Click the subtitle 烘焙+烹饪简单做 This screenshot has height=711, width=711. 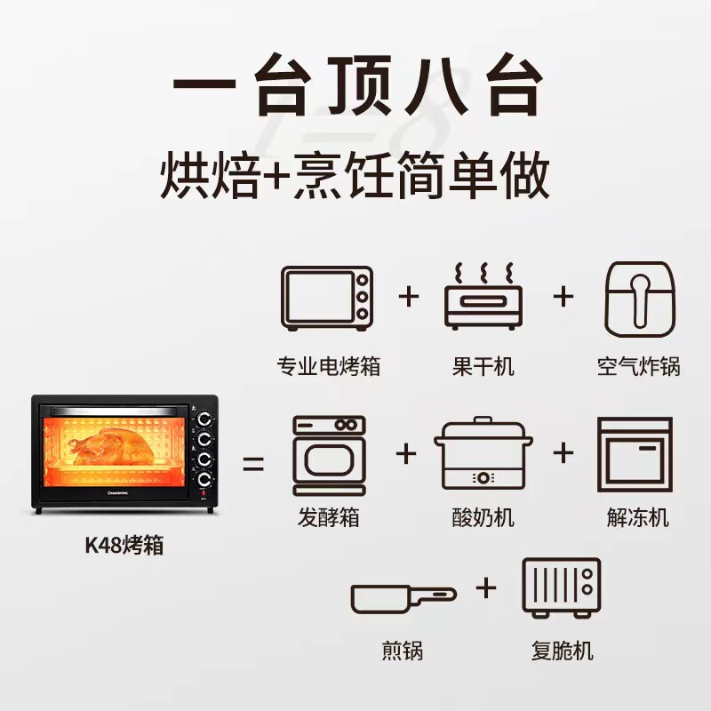coord(355,177)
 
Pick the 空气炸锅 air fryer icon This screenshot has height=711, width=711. coord(638,297)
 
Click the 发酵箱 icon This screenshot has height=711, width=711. coord(329,454)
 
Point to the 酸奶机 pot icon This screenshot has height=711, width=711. coord(483,455)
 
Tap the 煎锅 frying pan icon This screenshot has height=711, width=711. coord(402,596)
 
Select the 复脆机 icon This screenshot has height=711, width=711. coord(561,588)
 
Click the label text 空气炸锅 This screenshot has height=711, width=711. coord(638,365)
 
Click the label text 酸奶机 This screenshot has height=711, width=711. coord(483,517)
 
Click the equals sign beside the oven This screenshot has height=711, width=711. coord(254,463)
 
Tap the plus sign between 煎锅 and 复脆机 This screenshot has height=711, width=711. coord(485,588)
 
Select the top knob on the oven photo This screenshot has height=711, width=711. coord(204,419)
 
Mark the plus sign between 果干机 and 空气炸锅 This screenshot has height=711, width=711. coord(563,296)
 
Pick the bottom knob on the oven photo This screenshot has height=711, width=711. coord(205,480)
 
